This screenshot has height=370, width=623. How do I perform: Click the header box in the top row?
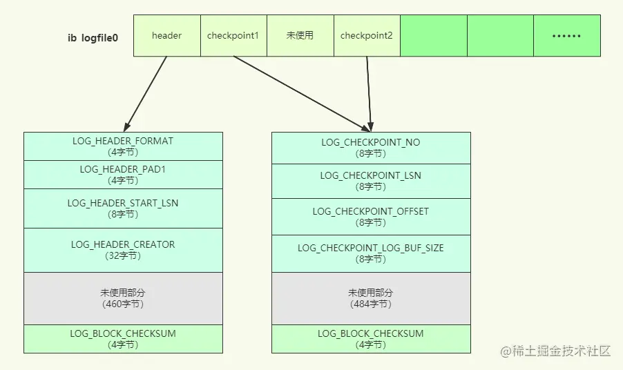[167, 36]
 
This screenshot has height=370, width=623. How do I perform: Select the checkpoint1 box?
[233, 36]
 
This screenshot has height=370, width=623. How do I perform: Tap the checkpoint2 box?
[367, 36]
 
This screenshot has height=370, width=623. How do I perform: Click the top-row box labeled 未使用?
[300, 36]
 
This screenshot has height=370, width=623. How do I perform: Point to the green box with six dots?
[567, 36]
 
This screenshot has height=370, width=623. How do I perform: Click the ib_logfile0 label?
[93, 38]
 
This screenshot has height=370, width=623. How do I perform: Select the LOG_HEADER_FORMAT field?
[123, 146]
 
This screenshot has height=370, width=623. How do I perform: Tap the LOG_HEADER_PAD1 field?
[123, 175]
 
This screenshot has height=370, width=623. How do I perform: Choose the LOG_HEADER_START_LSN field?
[123, 208]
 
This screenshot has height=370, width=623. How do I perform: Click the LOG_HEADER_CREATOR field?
[123, 250]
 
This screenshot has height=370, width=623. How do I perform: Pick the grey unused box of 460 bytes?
[123, 298]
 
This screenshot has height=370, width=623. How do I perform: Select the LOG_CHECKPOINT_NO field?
[371, 148]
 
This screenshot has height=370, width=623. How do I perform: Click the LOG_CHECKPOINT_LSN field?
[371, 181]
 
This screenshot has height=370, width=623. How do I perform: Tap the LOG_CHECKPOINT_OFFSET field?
[371, 217]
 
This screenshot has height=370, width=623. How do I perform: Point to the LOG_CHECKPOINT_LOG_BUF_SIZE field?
[371, 253]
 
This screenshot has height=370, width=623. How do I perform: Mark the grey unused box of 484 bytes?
[371, 298]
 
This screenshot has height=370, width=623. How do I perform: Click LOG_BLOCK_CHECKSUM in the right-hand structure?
[371, 339]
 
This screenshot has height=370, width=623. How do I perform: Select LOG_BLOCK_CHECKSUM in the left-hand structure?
[123, 339]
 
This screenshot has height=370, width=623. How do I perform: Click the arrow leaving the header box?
[146, 94]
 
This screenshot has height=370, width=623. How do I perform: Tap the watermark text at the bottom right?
[555, 351]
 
